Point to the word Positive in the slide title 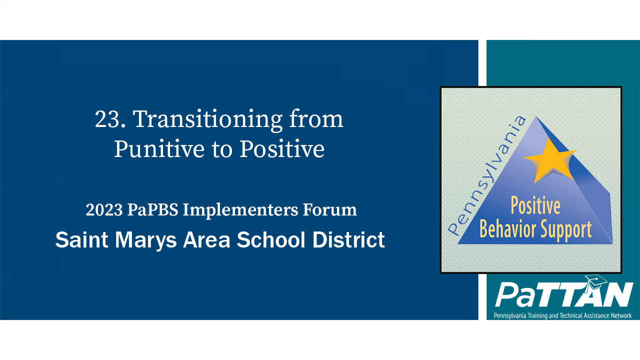pos(282,148)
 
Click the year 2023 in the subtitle pos(103,210)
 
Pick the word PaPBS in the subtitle pos(152,210)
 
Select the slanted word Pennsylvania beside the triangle pos(487,175)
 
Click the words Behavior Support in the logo pos(535,229)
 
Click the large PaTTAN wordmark pos(564,295)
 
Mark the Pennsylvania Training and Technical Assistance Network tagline pos(562,315)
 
